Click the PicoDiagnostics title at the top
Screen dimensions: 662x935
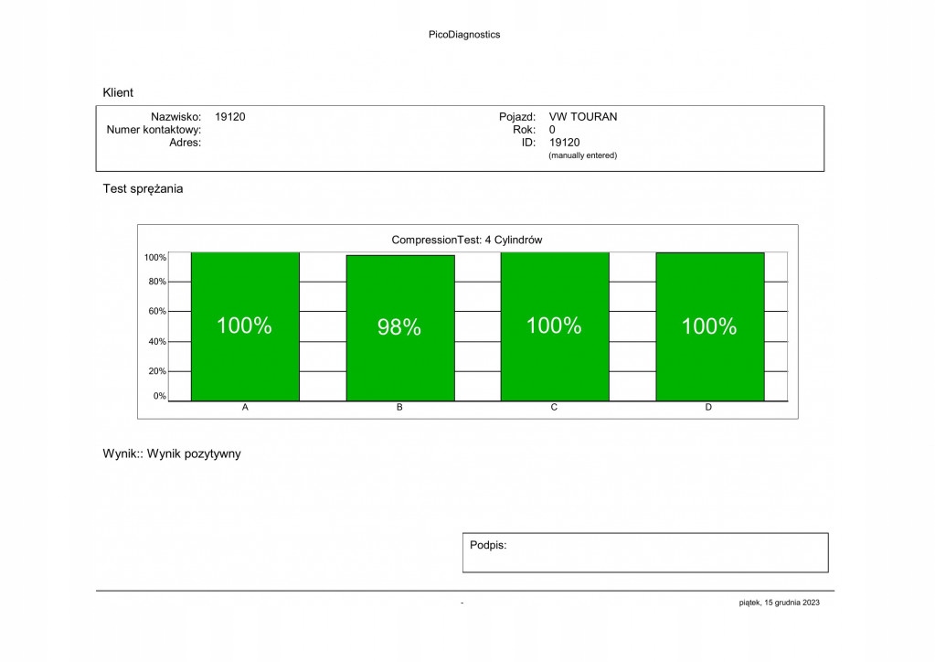(x=464, y=35)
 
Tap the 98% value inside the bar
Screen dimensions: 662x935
(x=399, y=327)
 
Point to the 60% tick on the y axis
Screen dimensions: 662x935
(x=157, y=312)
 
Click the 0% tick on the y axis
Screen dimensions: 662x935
(x=159, y=396)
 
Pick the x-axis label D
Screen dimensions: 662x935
(x=708, y=408)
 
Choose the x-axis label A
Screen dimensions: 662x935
(x=245, y=408)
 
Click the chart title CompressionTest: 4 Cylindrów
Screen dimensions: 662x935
(x=467, y=240)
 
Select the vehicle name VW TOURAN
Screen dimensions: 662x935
(x=583, y=117)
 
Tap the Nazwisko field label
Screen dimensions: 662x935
(x=175, y=117)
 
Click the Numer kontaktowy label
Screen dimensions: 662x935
(x=154, y=130)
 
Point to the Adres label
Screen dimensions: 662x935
(x=186, y=142)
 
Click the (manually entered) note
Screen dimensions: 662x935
(x=582, y=155)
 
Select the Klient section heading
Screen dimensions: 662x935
(x=118, y=92)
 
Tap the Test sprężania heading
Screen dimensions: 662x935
(x=143, y=189)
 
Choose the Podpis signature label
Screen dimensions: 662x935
(x=488, y=545)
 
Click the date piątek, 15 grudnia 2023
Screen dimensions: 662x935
(x=780, y=603)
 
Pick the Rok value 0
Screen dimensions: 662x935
(x=552, y=130)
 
